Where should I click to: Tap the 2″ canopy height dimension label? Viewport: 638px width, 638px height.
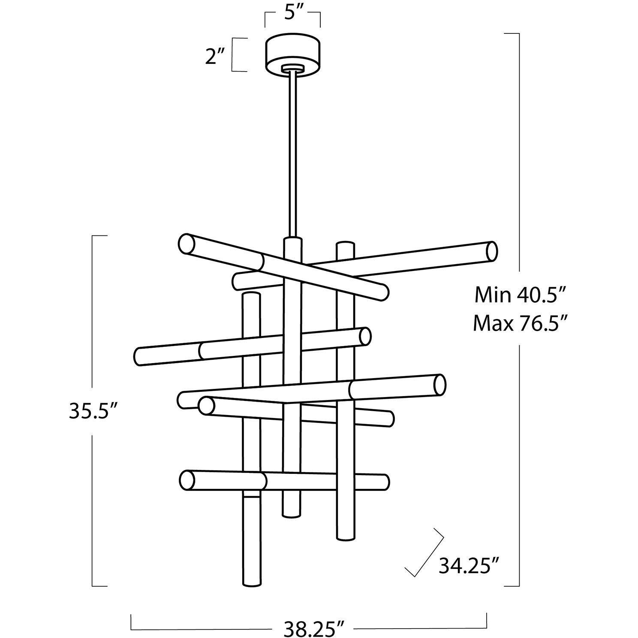click(x=215, y=57)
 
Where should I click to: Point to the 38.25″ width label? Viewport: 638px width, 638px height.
click(x=309, y=629)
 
